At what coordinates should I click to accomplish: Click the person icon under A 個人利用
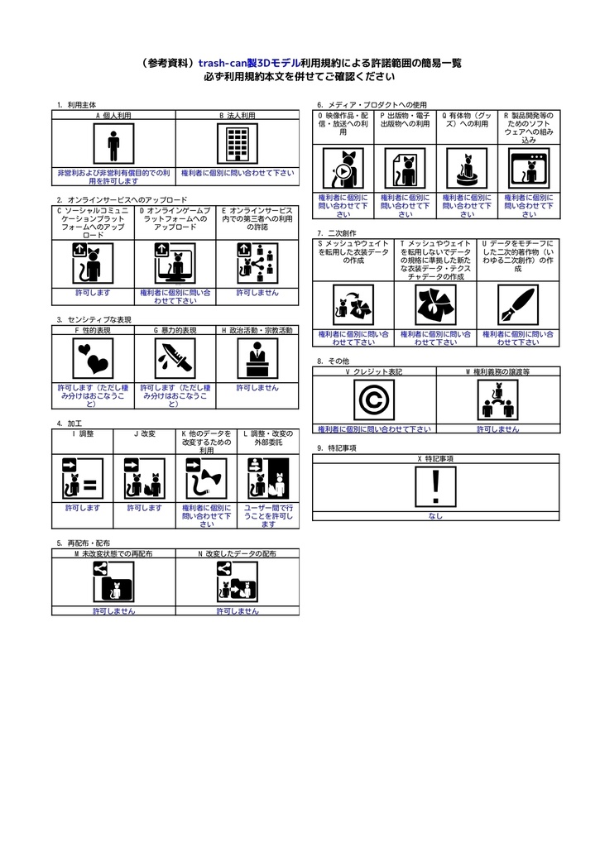click(x=113, y=146)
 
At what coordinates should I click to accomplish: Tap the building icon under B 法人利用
click(x=238, y=146)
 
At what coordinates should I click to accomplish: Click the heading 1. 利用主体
click(x=75, y=105)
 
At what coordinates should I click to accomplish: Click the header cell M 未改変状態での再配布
click(x=113, y=553)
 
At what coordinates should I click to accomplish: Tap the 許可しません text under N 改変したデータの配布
click(x=238, y=611)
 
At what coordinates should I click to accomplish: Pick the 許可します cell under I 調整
click(x=83, y=508)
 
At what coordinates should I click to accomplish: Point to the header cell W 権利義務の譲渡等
click(x=497, y=372)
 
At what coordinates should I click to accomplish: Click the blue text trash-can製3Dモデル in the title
click(x=249, y=62)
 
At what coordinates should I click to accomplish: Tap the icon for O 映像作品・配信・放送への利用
click(x=343, y=170)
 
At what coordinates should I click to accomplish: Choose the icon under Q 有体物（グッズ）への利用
click(x=467, y=170)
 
